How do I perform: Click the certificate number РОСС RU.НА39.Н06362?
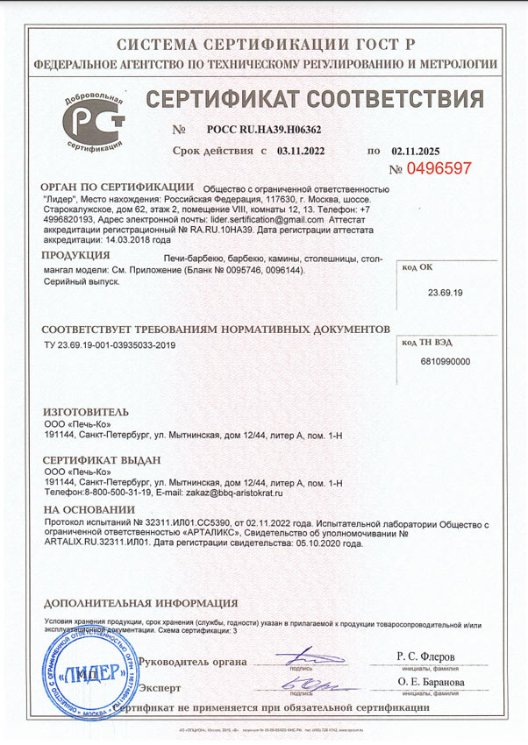point(264,129)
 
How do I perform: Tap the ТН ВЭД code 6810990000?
point(446,361)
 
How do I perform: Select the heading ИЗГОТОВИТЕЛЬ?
point(85,411)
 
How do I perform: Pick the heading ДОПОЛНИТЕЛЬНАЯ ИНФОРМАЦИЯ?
point(139,604)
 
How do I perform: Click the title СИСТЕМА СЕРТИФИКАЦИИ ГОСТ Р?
point(264,45)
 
